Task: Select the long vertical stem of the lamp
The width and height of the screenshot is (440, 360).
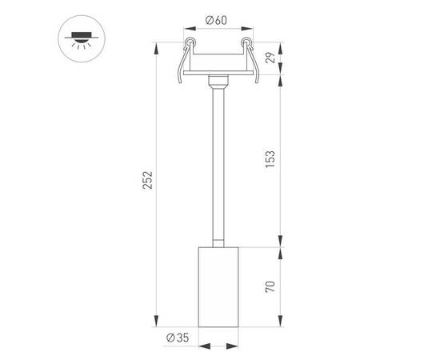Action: (218, 160)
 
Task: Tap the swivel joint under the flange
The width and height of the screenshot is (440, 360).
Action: (218, 82)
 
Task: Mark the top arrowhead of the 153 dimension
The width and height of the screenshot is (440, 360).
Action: (280, 79)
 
